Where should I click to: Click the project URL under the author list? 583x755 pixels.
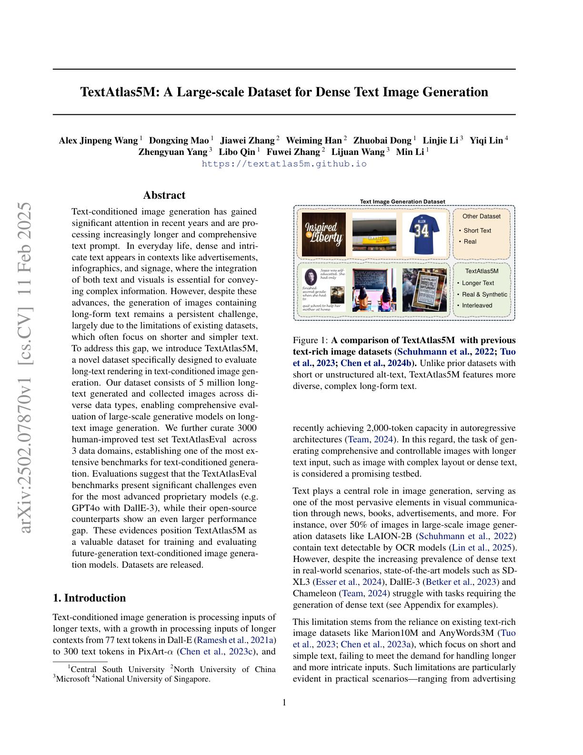pyautogui.click(x=284, y=163)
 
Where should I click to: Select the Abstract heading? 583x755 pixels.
pyautogui.click(x=164, y=195)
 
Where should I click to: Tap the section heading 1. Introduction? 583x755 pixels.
pyautogui.click(x=89, y=598)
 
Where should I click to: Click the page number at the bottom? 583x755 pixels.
pyautogui.click(x=284, y=702)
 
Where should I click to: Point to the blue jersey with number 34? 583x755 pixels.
pyautogui.click(x=424, y=234)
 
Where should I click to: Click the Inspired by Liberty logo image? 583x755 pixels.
pyautogui.click(x=324, y=234)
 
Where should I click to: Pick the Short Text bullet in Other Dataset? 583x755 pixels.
pyautogui.click(x=477, y=231)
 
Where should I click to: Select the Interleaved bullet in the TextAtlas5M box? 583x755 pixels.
pyautogui.click(x=477, y=306)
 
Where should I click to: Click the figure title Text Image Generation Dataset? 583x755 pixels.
pyautogui.click(x=402, y=202)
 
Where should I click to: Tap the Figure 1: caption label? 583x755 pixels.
pyautogui.click(x=310, y=340)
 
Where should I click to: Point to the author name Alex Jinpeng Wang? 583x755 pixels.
pyautogui.click(x=98, y=141)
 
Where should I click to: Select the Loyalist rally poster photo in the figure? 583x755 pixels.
pyautogui.click(x=424, y=290)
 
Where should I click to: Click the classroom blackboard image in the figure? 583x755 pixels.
pyautogui.click(x=374, y=290)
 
